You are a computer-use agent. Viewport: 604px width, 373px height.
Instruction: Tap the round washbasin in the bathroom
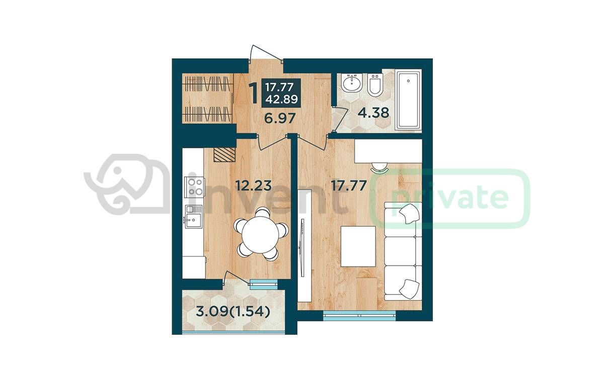pyautogui.click(x=352, y=82)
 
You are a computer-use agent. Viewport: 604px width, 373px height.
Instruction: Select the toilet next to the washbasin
pyautogui.click(x=375, y=84)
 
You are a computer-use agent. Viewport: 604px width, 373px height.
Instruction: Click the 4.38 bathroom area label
pyautogui.click(x=373, y=113)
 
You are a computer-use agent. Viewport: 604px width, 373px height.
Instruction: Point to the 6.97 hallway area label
pyautogui.click(x=280, y=118)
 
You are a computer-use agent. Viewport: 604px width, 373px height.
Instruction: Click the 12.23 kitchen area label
pyautogui.click(x=254, y=185)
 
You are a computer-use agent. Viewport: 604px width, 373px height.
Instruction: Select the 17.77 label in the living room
pyautogui.click(x=349, y=185)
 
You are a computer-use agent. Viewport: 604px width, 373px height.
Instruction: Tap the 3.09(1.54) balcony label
pyautogui.click(x=233, y=312)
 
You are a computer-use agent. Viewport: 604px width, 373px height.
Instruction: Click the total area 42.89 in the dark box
pyautogui.click(x=281, y=99)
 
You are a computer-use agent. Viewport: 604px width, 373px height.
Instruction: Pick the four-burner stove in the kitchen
pyautogui.click(x=195, y=187)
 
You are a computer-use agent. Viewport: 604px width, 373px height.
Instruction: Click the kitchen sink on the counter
pyautogui.click(x=194, y=217)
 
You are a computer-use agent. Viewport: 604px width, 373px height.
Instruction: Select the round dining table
pyautogui.click(x=260, y=234)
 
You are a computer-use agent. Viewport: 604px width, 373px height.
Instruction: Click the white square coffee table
pyautogui.click(x=358, y=246)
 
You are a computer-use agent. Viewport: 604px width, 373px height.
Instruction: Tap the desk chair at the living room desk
pyautogui.click(x=380, y=167)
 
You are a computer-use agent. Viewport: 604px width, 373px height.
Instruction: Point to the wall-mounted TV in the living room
pyautogui.click(x=303, y=248)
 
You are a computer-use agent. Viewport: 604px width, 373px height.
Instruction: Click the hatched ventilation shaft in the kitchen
pyautogui.click(x=224, y=154)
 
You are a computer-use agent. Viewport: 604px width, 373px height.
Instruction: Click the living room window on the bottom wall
pyautogui.click(x=359, y=315)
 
